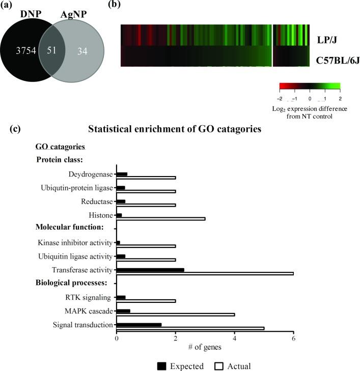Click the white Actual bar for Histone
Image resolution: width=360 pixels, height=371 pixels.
(x=161, y=218)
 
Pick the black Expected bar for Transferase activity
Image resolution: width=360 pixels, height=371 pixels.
(x=150, y=270)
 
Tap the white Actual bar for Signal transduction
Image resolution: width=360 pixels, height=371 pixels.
(x=190, y=328)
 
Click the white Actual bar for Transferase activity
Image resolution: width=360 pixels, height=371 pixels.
(x=205, y=273)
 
